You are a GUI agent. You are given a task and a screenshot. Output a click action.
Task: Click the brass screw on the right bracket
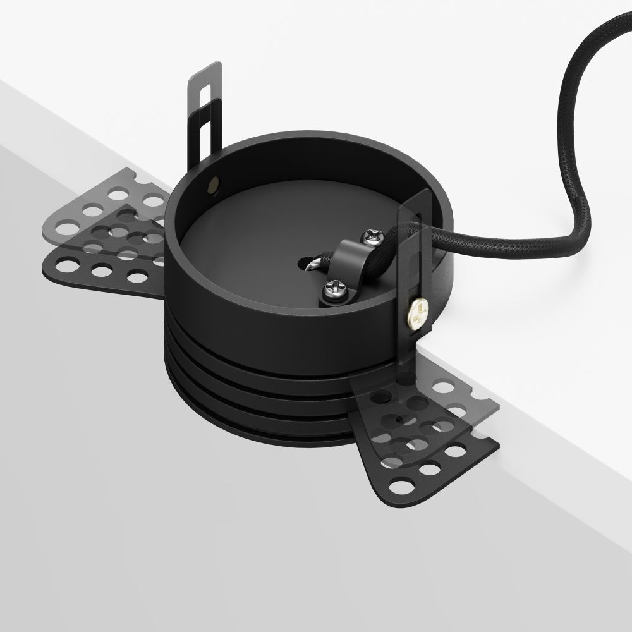click(x=418, y=310)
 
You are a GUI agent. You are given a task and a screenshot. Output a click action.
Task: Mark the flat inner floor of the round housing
click(x=253, y=253)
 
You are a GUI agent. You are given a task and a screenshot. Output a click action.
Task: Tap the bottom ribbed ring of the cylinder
click(x=265, y=430)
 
